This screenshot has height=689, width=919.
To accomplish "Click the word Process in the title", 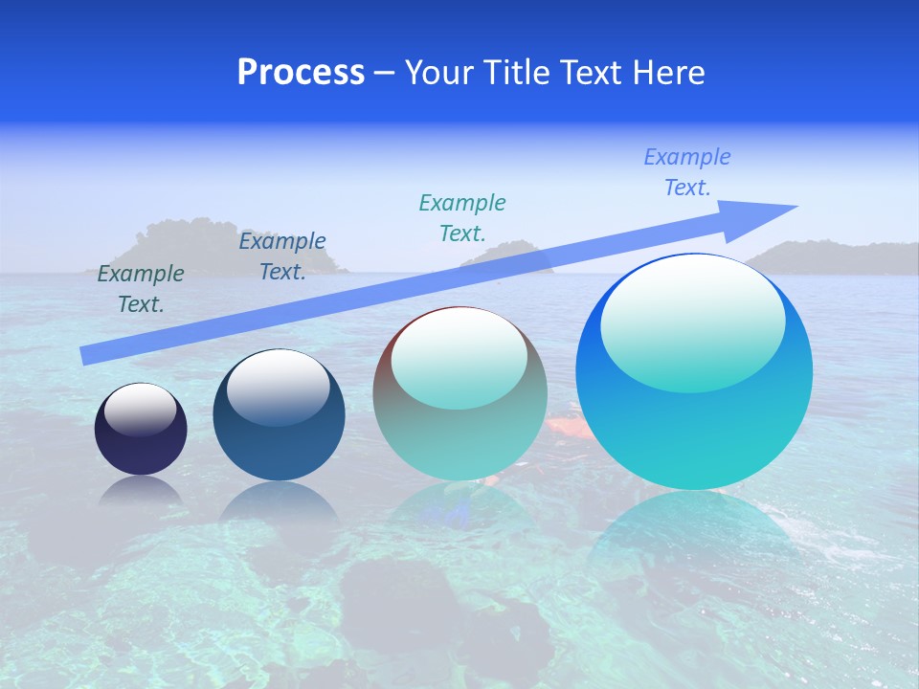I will click(301, 73).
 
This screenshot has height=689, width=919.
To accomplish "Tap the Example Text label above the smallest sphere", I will click(141, 289).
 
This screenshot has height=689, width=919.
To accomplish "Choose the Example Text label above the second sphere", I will click(282, 256).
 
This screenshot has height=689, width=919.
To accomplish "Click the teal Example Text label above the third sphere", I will click(462, 217).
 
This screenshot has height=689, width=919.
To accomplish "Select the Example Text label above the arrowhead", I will click(687, 172).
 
